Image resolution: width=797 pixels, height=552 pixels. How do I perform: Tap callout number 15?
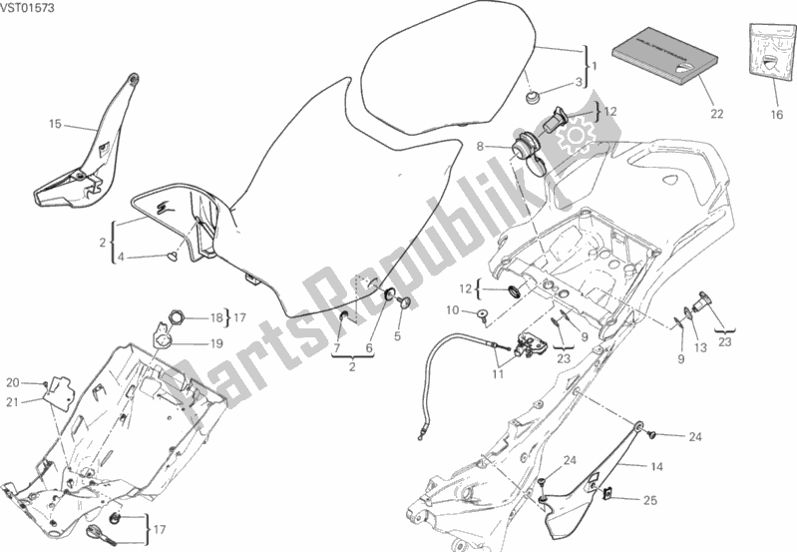[x=55, y=125]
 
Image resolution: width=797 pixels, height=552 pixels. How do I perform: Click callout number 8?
[x=481, y=146]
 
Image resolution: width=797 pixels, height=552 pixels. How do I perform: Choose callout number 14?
[x=656, y=466]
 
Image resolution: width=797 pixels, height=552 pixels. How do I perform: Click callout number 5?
[x=397, y=336]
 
